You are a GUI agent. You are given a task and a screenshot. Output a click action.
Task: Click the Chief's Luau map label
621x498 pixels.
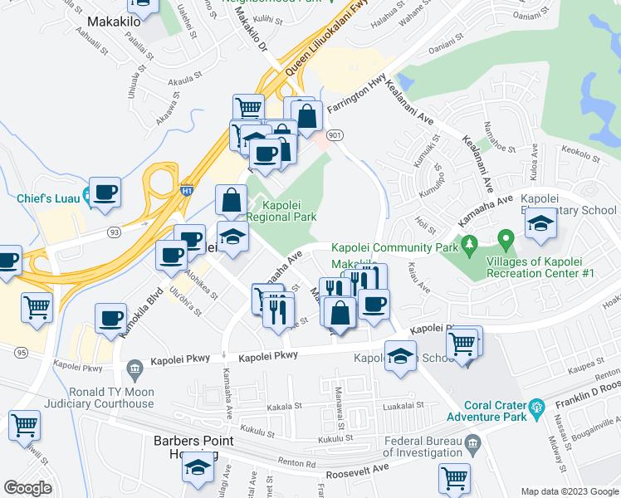point(48,198)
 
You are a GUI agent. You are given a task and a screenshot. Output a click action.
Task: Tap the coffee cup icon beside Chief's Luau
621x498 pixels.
point(105,193)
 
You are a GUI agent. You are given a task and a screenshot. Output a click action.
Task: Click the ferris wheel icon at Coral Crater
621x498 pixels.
point(537,407)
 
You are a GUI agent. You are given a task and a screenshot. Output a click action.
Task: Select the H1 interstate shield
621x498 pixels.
point(188,191)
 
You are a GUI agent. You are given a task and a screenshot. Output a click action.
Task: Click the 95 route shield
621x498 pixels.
point(21,352)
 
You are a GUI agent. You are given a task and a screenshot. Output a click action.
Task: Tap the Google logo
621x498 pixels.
point(27,488)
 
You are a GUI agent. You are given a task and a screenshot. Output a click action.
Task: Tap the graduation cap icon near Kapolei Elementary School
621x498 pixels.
point(540,222)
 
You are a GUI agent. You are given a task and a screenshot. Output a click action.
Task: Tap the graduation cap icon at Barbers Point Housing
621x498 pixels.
point(198,468)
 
